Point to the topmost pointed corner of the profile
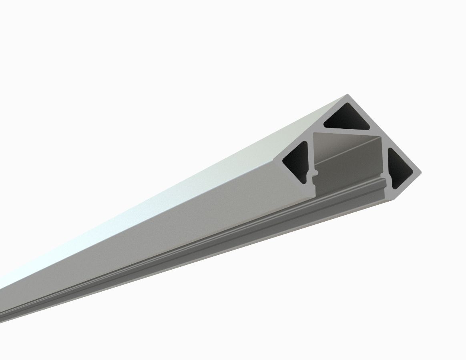[347, 96]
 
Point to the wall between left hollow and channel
[309, 160]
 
